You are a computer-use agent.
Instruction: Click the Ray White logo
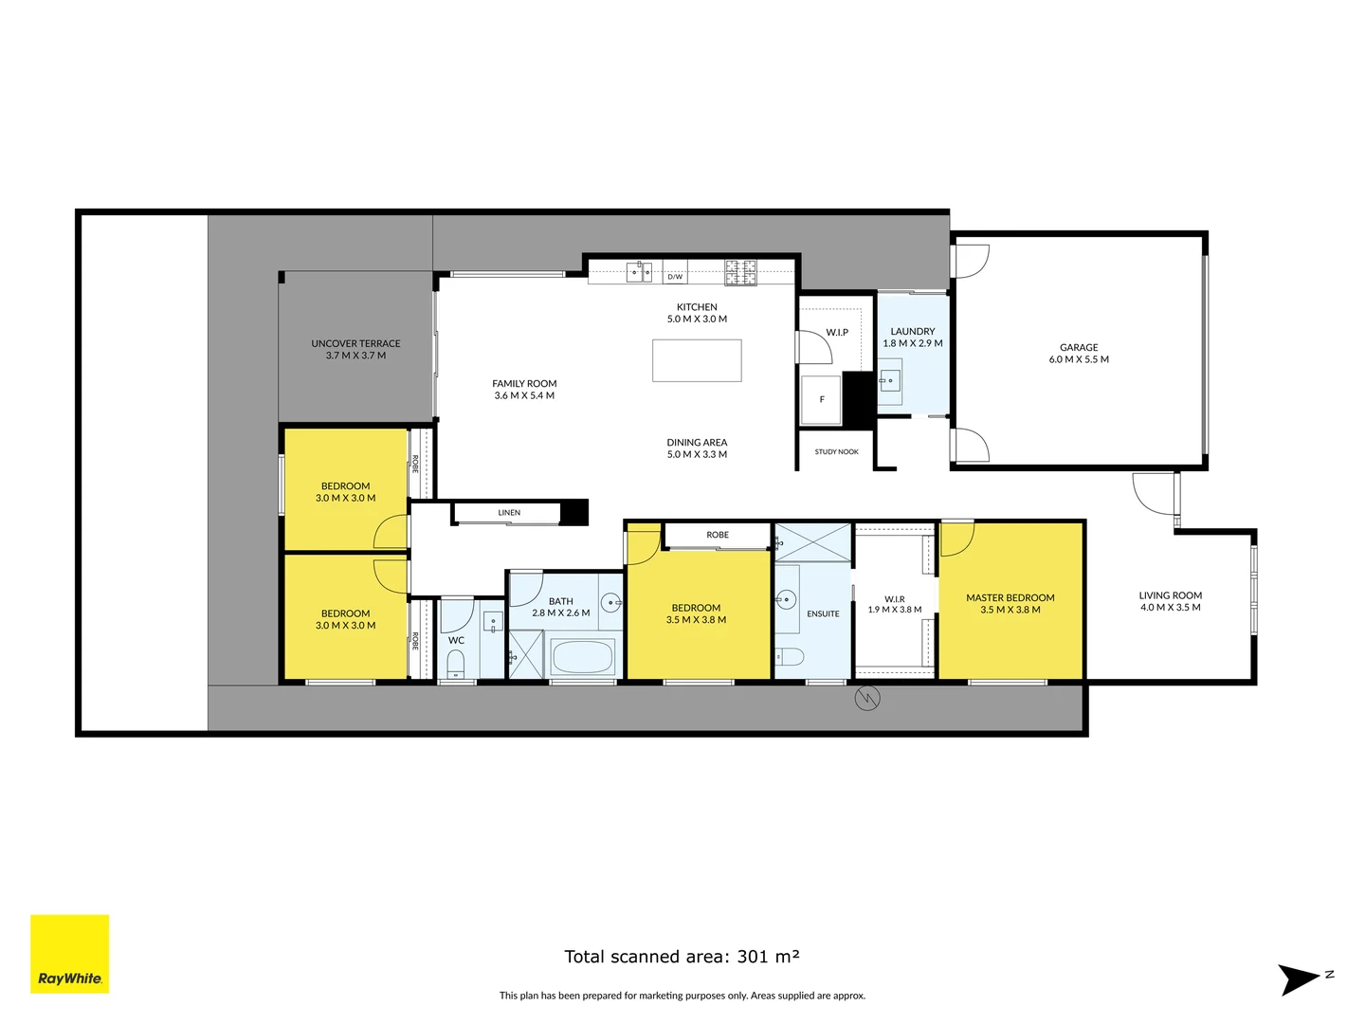tap(70, 954)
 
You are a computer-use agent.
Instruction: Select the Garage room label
tap(1079, 348)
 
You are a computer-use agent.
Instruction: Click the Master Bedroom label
tap(1010, 598)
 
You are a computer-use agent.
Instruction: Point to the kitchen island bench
tap(697, 360)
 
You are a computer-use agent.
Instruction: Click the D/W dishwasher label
tap(675, 277)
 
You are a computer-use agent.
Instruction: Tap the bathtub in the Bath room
tap(582, 656)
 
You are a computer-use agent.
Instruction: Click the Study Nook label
tap(836, 452)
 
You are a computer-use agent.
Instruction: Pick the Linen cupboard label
tap(509, 513)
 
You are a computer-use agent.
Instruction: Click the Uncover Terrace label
tap(355, 343)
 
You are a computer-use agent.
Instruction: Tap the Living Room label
tap(1170, 595)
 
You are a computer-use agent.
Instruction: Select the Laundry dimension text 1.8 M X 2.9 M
tap(913, 343)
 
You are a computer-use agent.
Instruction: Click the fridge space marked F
tap(822, 399)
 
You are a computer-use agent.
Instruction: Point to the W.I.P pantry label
tap(837, 333)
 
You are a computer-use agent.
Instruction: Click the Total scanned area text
tap(682, 957)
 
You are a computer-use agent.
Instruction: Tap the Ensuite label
tap(823, 613)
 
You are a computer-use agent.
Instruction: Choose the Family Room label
tap(524, 384)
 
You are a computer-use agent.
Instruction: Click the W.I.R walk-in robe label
tap(894, 599)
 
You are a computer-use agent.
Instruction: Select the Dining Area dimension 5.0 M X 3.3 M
tap(697, 455)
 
